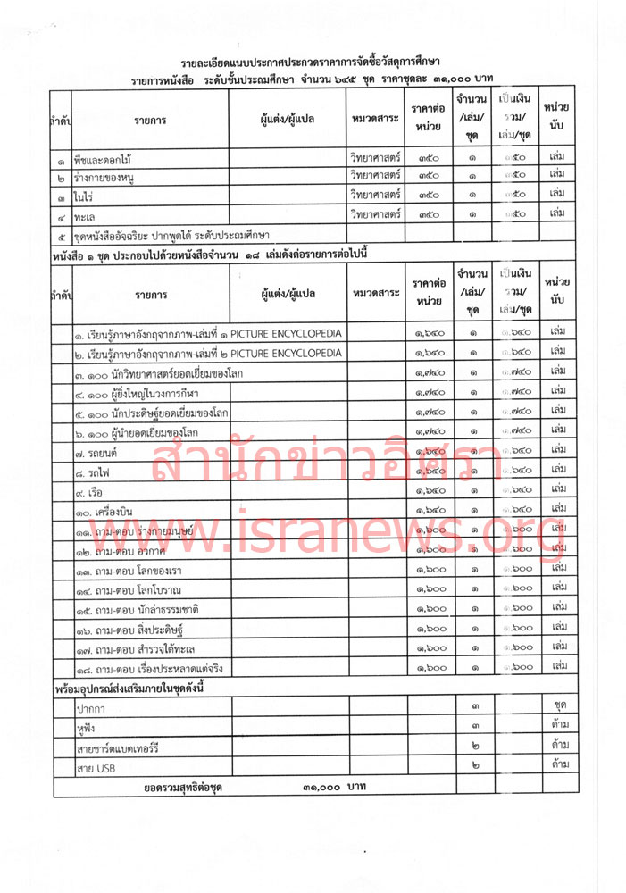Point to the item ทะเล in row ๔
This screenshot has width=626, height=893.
click(86, 215)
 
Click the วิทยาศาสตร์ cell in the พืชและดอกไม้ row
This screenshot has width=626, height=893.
click(375, 158)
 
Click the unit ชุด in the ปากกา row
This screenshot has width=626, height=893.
click(560, 706)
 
